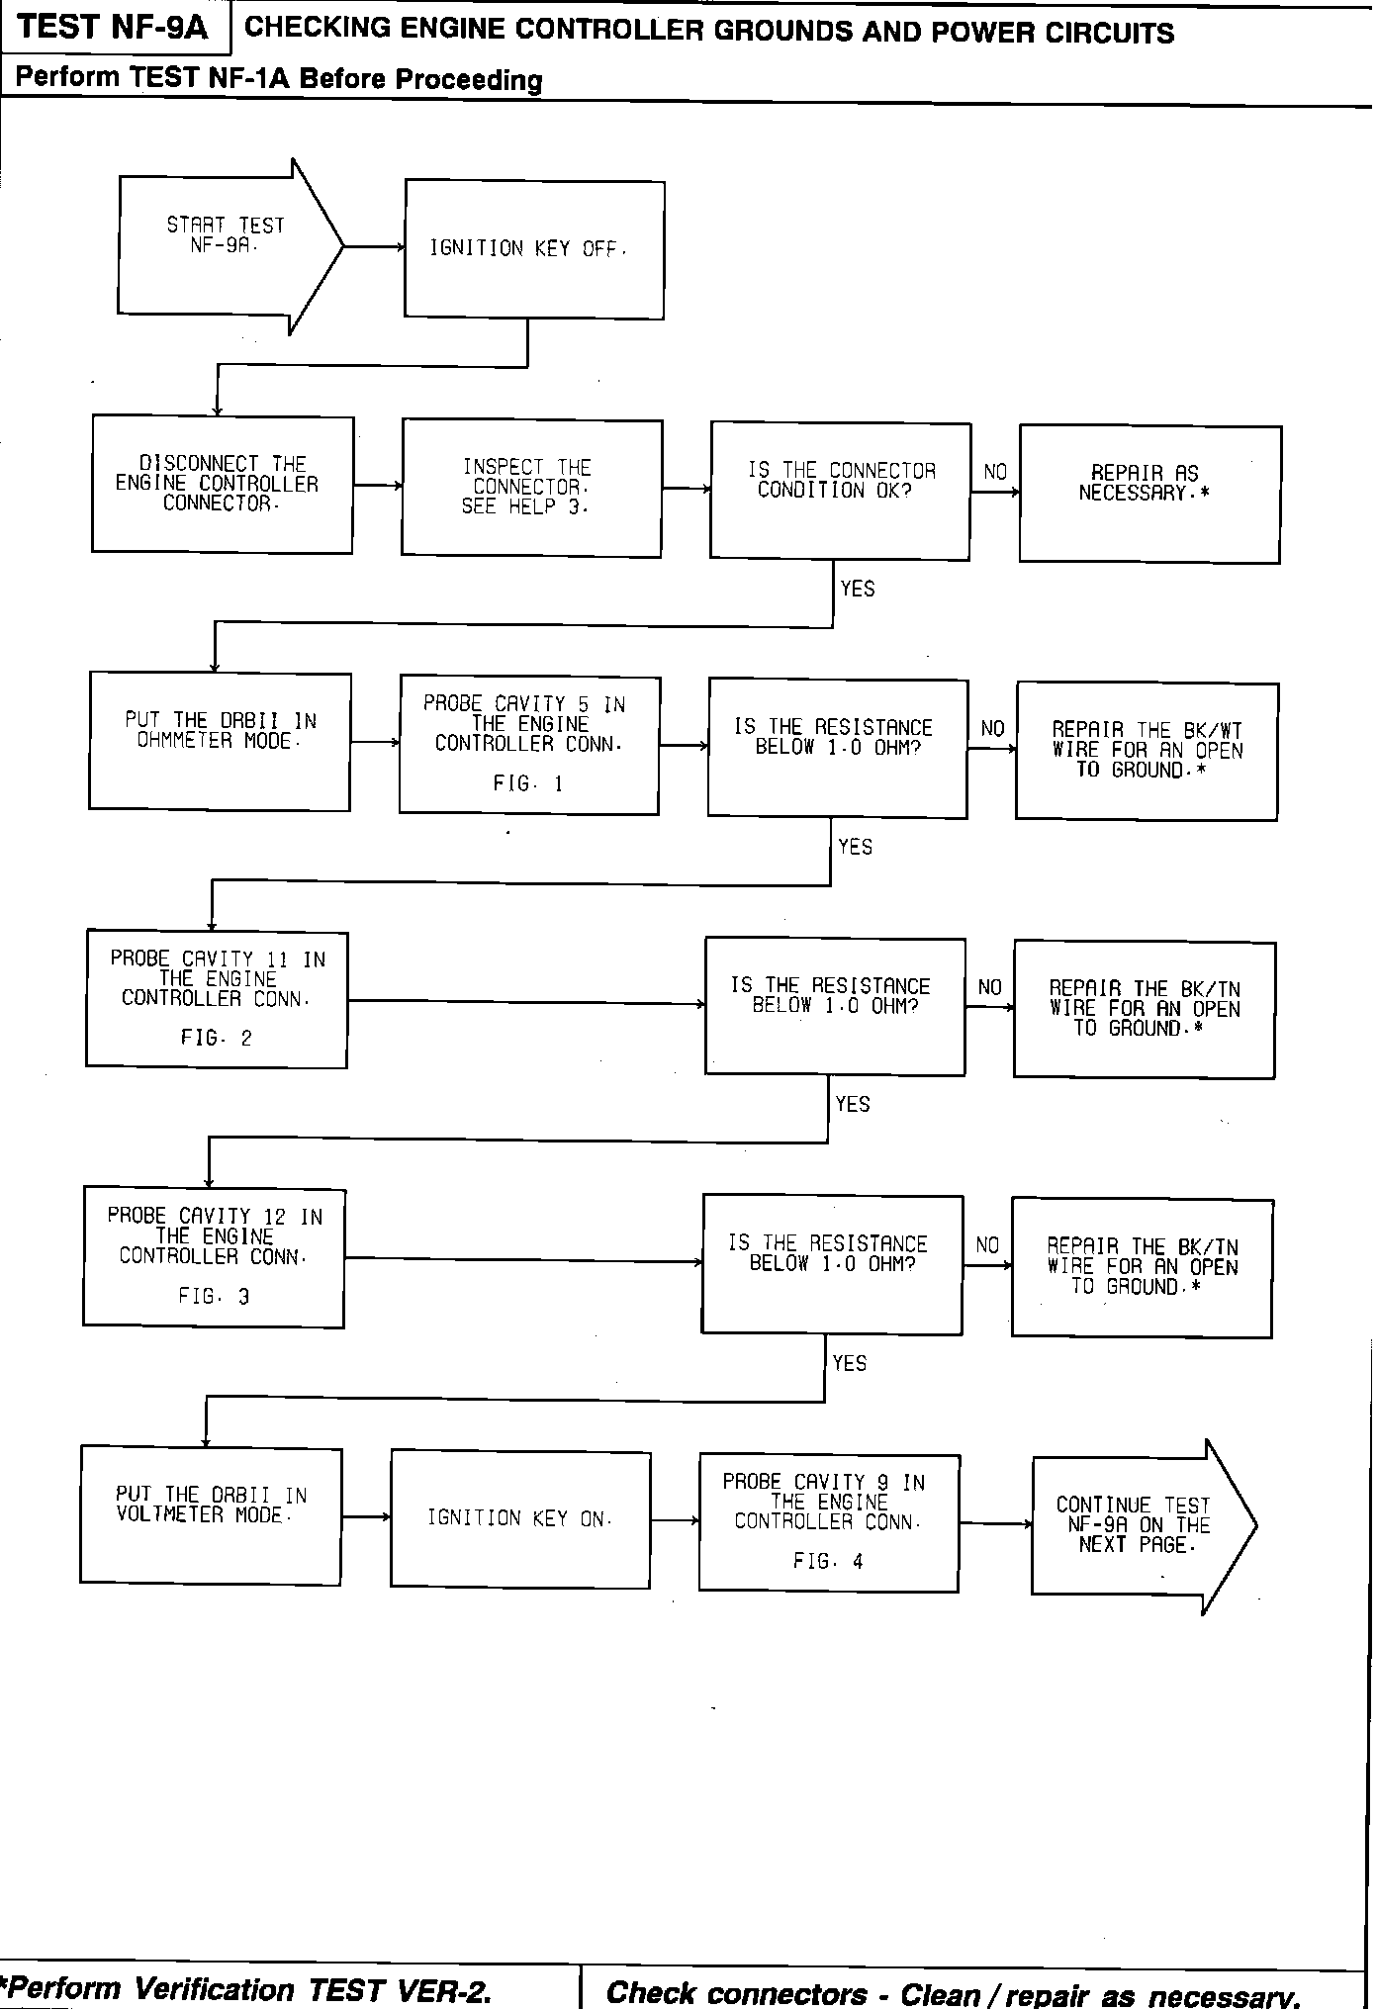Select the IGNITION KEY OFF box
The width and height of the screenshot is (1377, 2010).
[x=534, y=249]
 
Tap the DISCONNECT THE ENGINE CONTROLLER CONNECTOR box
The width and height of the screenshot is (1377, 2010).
[x=223, y=485]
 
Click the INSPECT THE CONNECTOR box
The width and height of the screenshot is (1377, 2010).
[x=531, y=489]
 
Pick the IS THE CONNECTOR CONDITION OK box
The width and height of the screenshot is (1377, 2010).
[x=840, y=492]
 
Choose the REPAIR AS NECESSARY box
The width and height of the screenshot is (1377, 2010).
[x=1149, y=495]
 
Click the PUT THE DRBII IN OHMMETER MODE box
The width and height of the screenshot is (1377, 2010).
[x=220, y=742]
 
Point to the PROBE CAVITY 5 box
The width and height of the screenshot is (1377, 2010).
[x=529, y=746]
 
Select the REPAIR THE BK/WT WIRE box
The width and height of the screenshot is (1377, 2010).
[x=1147, y=752]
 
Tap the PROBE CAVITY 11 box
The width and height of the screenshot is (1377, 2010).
[x=217, y=999]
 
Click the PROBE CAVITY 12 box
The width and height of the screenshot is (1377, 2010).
[x=214, y=1257]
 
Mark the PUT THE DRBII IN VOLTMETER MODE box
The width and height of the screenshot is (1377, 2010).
[x=211, y=1514]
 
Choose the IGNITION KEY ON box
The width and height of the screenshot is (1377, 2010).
[x=520, y=1518]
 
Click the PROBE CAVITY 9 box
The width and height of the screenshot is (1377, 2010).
[x=828, y=1523]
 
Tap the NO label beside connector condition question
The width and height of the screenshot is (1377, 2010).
[x=994, y=472]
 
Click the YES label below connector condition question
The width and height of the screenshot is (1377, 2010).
[x=857, y=589]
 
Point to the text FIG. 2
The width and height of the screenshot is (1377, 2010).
[x=216, y=1039]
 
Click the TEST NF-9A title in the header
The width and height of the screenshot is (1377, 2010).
[x=113, y=27]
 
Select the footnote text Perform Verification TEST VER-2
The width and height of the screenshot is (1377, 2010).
[x=247, y=1988]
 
